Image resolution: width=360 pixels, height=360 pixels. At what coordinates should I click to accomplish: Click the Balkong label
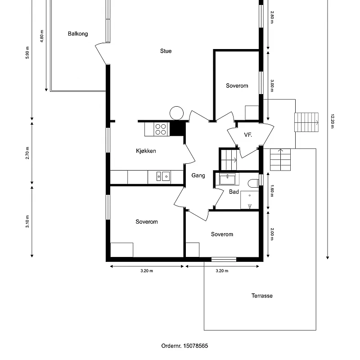click(78, 34)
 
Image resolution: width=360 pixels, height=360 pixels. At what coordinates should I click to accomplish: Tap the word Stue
click(166, 51)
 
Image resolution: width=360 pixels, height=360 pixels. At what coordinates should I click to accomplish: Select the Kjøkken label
click(146, 151)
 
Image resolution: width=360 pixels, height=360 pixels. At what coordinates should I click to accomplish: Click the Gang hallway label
click(198, 175)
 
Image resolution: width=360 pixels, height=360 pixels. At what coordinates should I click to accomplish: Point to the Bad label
click(234, 192)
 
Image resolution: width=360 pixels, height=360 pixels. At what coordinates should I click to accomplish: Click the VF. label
click(248, 135)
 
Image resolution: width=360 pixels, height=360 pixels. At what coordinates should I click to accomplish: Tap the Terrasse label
click(262, 296)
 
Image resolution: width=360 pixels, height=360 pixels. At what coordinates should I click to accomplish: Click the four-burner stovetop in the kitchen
click(161, 129)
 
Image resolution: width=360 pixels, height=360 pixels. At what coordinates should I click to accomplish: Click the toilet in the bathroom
click(253, 183)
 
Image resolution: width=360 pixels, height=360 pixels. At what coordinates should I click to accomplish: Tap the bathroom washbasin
click(227, 179)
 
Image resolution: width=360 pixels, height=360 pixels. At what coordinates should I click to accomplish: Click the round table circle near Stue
click(176, 113)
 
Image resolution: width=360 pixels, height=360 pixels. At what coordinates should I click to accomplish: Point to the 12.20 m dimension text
click(332, 121)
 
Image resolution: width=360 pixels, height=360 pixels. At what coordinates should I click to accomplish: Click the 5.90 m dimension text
click(27, 53)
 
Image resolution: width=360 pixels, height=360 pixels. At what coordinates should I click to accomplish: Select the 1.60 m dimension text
click(272, 191)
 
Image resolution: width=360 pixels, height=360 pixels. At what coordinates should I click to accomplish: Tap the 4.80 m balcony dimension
click(42, 36)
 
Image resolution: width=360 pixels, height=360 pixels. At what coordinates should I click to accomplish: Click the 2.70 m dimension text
click(27, 153)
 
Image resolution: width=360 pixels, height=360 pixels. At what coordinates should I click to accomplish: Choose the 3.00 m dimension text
click(272, 86)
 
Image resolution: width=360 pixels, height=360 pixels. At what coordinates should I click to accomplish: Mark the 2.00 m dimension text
click(272, 234)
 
